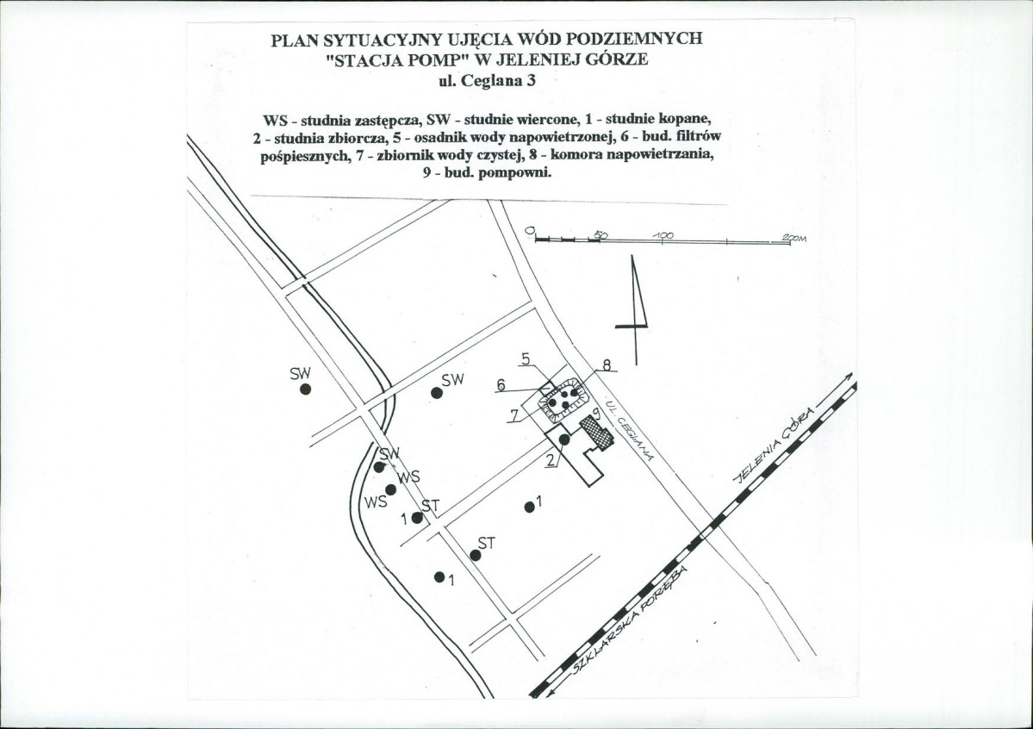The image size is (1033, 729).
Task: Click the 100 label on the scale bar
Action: click(x=663, y=235)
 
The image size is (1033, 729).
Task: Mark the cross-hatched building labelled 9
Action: click(x=596, y=432)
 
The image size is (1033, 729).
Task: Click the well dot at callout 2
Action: click(x=563, y=439)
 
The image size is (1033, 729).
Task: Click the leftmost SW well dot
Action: click(x=305, y=389)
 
